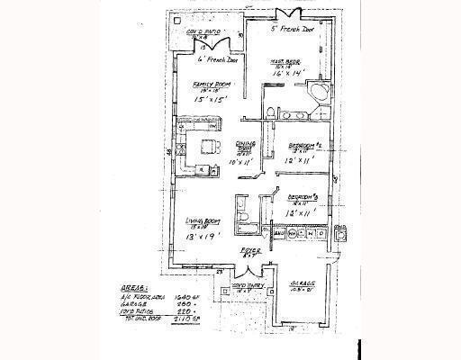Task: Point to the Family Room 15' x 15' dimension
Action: (x=208, y=99)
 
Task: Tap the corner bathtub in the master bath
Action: (x=320, y=96)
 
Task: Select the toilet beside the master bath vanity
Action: (x=273, y=112)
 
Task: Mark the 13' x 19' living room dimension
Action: (x=203, y=238)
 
